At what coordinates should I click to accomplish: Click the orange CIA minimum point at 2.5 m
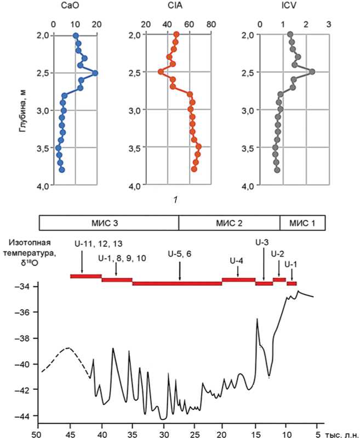coord(161,72)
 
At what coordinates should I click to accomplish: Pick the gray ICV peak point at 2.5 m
coord(312,72)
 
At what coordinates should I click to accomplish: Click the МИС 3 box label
coord(108,223)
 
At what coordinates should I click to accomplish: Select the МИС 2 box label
coord(229,223)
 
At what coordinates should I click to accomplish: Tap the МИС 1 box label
coord(302,223)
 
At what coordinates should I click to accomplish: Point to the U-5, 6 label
coord(180,255)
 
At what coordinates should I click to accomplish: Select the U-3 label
coord(262,241)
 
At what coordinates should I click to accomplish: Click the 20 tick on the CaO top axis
coord(97,24)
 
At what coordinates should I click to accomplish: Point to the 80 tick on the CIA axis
coord(211,24)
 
